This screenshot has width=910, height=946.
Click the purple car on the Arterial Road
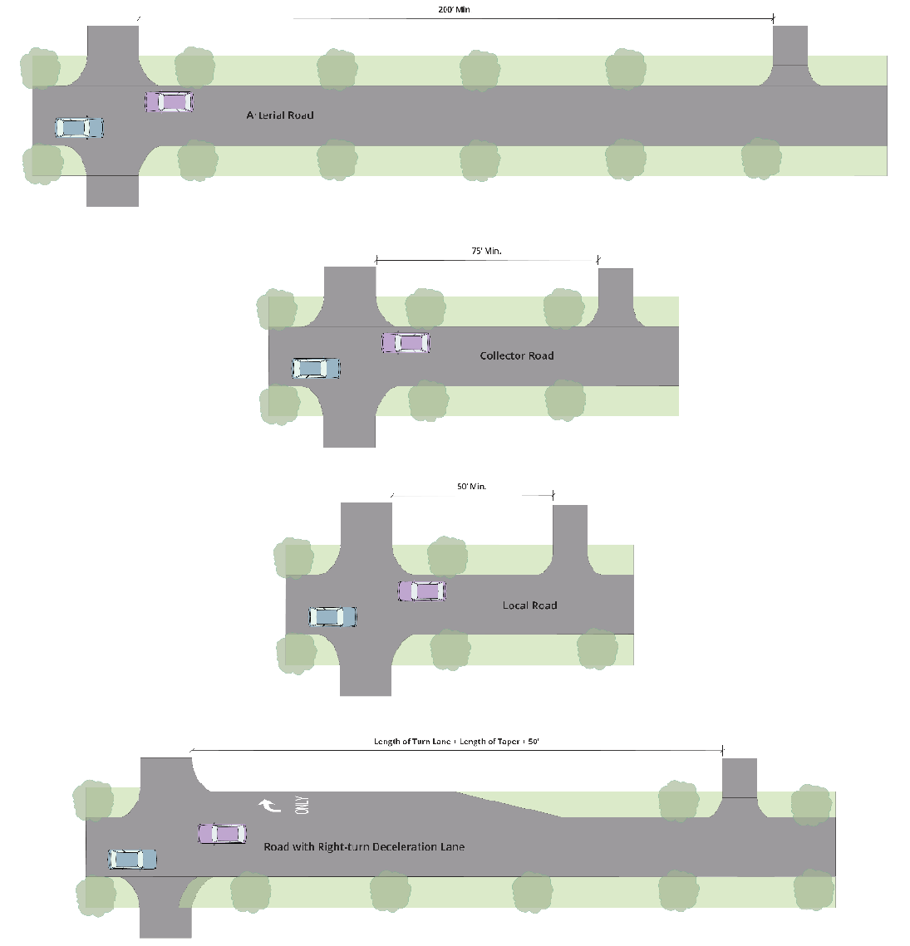pos(170,102)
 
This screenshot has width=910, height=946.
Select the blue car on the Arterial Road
pos(80,127)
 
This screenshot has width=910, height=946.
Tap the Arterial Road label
pos(280,115)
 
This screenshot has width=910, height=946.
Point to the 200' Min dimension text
pos(454,10)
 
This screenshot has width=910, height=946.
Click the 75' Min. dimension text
pos(486,251)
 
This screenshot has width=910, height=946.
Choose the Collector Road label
pos(516,355)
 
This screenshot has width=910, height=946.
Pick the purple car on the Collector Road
pos(406,342)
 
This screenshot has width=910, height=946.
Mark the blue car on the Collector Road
pos(316,368)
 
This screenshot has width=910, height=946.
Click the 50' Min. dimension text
pos(471,487)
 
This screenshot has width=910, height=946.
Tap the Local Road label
pos(529,605)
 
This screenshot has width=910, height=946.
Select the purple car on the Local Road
pos(422,591)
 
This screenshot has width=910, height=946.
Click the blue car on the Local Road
pos(332,616)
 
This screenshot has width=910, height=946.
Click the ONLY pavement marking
pos(302,804)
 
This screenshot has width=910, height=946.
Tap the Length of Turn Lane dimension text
pos(456,742)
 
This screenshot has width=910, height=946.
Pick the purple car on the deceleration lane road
pos(222,833)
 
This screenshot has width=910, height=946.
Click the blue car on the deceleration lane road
pos(133,859)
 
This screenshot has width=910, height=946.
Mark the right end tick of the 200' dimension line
pos(773,18)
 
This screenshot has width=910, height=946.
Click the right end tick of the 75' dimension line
pos(598,260)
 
